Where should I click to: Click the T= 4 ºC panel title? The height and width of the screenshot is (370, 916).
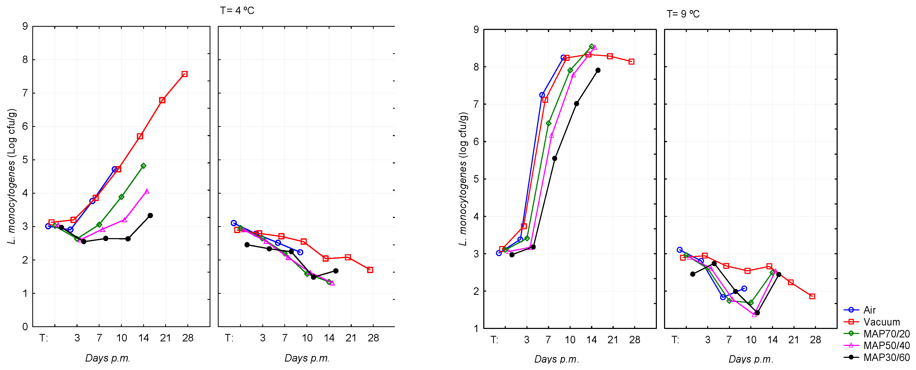(x=237, y=10)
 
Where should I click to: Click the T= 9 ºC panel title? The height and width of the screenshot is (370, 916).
(x=683, y=14)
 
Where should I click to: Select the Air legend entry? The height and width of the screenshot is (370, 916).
(x=869, y=310)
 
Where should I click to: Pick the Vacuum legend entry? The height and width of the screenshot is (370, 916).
(x=881, y=322)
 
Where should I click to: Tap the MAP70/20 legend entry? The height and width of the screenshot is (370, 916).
(x=886, y=334)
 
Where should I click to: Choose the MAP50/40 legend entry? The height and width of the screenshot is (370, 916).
(x=886, y=345)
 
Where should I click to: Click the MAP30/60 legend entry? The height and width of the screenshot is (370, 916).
(x=886, y=357)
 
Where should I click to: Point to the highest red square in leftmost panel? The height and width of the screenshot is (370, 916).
(x=184, y=74)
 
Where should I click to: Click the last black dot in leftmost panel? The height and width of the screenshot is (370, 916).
(x=150, y=216)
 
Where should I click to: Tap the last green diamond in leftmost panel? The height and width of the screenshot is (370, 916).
(x=143, y=166)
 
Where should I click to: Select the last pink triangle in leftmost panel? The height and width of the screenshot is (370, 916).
(x=147, y=191)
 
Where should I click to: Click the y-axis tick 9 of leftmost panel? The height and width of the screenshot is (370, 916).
(x=25, y=26)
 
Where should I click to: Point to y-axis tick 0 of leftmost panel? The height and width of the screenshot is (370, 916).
(x=25, y=327)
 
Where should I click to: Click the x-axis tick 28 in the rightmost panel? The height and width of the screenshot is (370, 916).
(x=815, y=340)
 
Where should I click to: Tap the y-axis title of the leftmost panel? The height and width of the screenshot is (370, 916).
(x=12, y=176)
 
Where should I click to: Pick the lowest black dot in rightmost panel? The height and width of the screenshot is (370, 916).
(x=757, y=313)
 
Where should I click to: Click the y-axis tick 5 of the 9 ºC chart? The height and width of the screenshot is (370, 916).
(x=476, y=179)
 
